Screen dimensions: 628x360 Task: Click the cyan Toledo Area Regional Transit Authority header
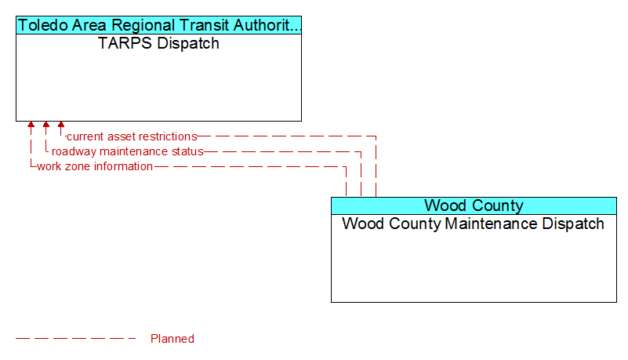(x=158, y=25)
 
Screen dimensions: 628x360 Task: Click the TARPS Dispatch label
(x=158, y=43)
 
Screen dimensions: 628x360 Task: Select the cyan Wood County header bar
(x=474, y=205)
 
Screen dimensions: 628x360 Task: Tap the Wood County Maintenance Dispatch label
(x=473, y=224)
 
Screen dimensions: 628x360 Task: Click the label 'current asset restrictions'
(x=132, y=136)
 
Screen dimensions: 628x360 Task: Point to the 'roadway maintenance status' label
(x=127, y=151)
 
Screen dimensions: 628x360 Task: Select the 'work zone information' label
(x=95, y=166)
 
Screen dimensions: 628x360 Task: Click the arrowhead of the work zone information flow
(x=31, y=125)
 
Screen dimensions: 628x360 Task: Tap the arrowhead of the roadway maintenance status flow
(x=46, y=125)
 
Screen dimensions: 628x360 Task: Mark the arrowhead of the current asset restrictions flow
(x=61, y=125)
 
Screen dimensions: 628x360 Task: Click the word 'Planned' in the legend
(x=172, y=339)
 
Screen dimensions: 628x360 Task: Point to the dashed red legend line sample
(x=76, y=339)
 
